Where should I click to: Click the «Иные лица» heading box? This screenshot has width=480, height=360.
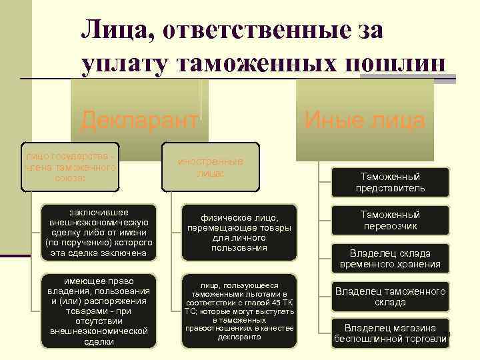click(365, 121)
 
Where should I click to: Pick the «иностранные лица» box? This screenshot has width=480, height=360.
click(210, 167)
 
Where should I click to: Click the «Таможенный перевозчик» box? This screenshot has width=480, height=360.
click(390, 221)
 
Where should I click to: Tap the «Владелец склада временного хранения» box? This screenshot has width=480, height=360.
click(390, 259)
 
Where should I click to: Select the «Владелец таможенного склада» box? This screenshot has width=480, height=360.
click(390, 297)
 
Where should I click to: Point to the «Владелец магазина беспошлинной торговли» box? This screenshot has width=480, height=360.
click(390, 333)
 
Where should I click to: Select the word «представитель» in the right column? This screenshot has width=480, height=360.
click(390, 189)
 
